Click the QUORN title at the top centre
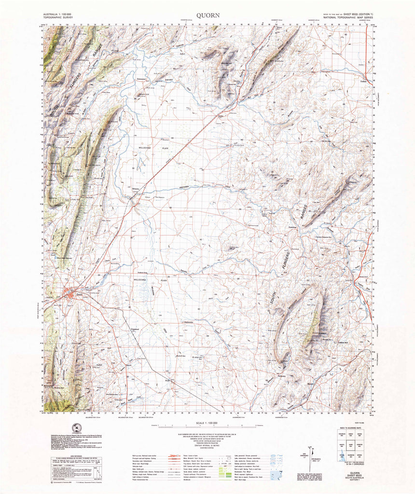[208, 15]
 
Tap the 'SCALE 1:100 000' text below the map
[207, 424]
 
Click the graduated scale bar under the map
[207, 427]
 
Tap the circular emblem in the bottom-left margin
[75, 427]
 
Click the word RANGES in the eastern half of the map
[304, 213]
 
